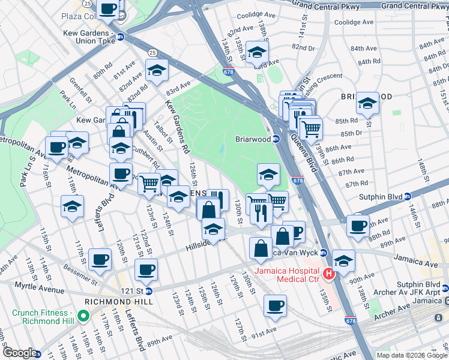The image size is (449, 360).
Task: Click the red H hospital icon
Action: pos(328,274)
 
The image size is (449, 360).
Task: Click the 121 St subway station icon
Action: pos(149,290)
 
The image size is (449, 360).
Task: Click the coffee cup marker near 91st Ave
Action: pos(275,306)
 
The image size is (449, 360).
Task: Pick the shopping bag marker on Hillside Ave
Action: pos(261,248)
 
